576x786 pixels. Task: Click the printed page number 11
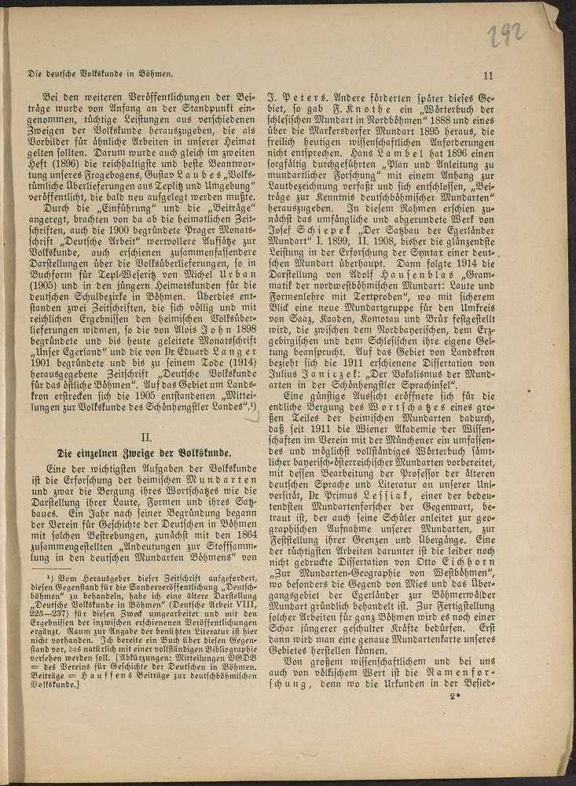487,75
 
